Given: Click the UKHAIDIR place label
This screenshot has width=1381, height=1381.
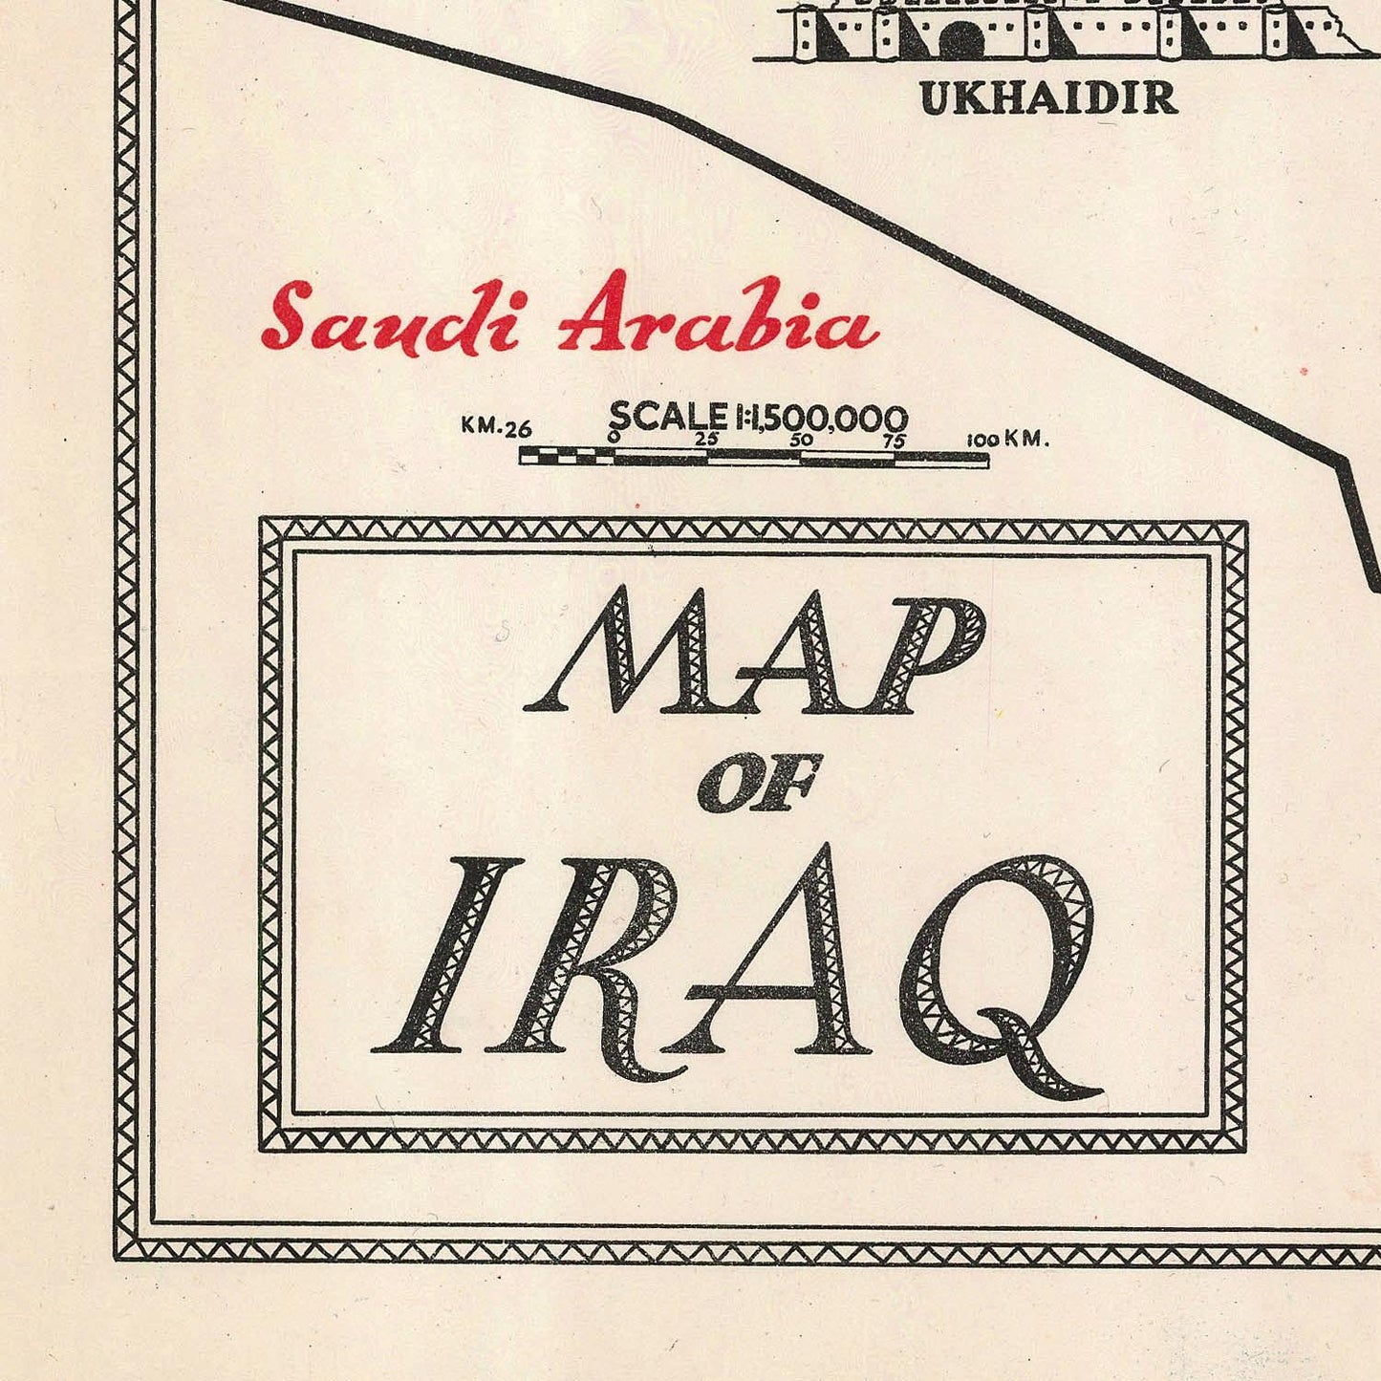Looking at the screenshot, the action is [1047, 97].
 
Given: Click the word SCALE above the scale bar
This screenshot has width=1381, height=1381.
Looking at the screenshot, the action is [667, 417].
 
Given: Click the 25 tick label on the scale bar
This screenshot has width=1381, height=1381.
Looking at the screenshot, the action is [706, 440].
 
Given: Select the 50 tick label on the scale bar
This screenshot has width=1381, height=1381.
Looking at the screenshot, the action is [801, 440].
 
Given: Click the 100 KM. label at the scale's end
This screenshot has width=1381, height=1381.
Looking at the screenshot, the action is [1007, 440].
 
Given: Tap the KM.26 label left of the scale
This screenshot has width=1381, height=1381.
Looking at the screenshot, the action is [496, 426].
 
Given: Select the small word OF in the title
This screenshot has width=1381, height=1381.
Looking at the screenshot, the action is [760, 783].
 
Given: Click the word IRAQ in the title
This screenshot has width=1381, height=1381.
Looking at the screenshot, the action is [736, 965].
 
